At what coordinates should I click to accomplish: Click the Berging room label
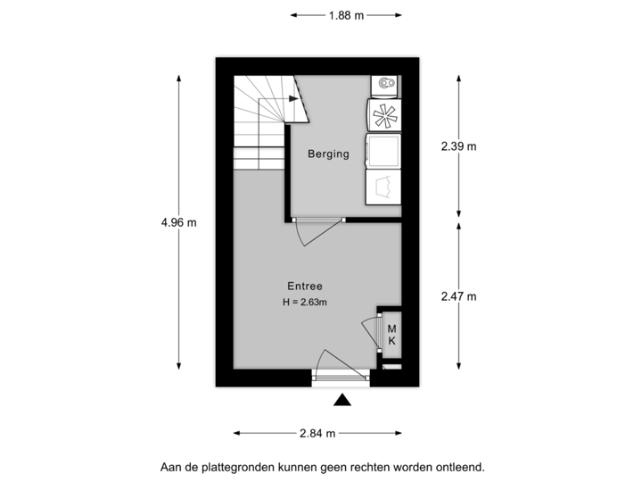point(328,154)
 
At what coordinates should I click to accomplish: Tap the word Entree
point(304,287)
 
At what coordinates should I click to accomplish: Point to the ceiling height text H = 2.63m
point(304,303)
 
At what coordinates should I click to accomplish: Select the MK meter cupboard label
point(391,336)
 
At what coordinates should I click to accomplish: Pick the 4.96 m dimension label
point(180,223)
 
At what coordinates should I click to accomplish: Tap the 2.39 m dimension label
point(460,145)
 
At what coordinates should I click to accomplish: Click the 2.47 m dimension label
point(460,295)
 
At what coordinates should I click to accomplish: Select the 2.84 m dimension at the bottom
point(318,434)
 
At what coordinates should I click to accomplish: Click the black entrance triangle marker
point(340,402)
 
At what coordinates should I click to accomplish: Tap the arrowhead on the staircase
point(293,100)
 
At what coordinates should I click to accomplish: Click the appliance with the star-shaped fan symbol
point(383,115)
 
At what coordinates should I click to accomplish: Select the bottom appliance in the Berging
point(383,187)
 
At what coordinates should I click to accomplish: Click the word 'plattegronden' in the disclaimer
point(236,466)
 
